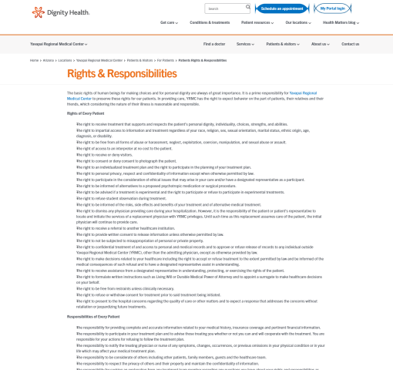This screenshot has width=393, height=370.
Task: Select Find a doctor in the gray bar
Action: click(x=214, y=44)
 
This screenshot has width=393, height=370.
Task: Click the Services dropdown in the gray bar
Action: click(x=246, y=44)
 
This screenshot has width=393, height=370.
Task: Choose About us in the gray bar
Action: click(x=320, y=44)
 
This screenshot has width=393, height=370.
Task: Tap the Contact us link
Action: click(x=350, y=44)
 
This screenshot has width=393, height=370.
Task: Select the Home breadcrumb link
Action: click(x=35, y=60)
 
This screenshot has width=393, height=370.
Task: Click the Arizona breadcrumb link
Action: click(x=47, y=60)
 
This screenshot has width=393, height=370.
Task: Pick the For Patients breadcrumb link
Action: click(x=166, y=60)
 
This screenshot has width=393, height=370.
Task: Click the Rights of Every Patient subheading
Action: click(x=86, y=113)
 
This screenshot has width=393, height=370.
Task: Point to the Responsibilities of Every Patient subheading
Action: click(x=92, y=317)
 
